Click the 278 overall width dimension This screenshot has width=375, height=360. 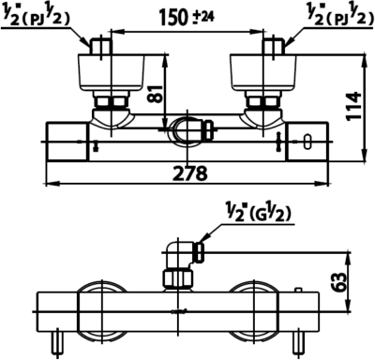190,173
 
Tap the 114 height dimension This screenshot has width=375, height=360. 353,106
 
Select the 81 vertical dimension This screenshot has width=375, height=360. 155,94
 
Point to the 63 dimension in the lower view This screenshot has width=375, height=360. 338,282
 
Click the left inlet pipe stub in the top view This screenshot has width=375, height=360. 100,47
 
